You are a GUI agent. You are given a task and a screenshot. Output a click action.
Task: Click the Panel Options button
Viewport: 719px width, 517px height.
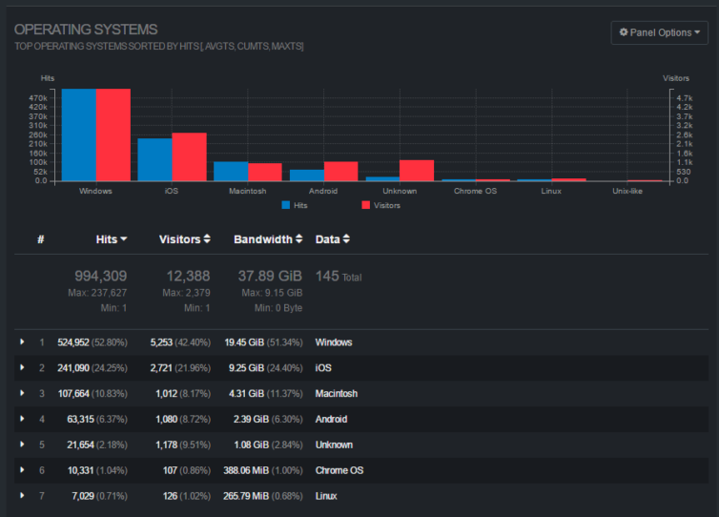click(x=660, y=32)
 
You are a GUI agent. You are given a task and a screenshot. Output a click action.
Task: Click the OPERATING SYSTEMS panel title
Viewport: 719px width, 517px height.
click(x=86, y=30)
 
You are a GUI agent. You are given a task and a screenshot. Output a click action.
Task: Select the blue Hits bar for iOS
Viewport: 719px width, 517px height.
click(x=154, y=159)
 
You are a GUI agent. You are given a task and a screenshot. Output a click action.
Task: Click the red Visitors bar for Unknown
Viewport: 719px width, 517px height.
click(x=417, y=170)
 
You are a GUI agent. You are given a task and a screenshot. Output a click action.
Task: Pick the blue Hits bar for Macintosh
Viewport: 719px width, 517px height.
click(x=231, y=171)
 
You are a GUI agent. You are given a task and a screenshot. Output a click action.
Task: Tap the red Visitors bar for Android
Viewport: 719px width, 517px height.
click(x=341, y=171)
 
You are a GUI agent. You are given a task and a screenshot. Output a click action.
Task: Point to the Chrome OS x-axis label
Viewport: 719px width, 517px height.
click(x=475, y=191)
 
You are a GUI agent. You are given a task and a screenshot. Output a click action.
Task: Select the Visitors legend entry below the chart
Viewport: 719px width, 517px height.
click(x=380, y=205)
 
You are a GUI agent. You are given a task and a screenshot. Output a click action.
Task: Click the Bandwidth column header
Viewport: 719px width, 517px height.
click(x=268, y=239)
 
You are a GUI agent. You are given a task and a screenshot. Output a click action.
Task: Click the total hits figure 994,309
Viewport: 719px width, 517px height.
click(x=100, y=277)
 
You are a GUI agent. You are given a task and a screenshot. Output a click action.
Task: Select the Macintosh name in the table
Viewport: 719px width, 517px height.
click(x=337, y=393)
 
